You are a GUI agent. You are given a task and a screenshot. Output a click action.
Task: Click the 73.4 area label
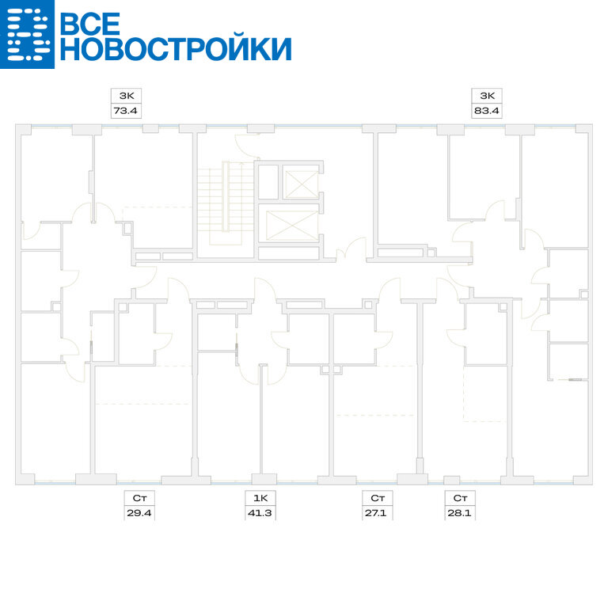pyautogui.click(x=125, y=111)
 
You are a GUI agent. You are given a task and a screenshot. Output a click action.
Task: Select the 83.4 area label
pyautogui.click(x=486, y=111)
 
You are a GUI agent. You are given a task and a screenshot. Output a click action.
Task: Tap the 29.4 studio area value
pyautogui.click(x=139, y=513)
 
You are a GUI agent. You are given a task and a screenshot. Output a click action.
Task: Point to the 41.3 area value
pyautogui.click(x=260, y=513)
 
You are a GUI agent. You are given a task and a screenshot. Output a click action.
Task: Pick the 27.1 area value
pyautogui.click(x=376, y=513)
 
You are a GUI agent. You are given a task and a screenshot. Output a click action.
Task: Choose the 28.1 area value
pyautogui.click(x=459, y=513)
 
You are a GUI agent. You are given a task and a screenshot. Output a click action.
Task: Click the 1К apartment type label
pyautogui.click(x=260, y=498)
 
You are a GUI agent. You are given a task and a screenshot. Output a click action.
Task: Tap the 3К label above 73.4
pyautogui.click(x=127, y=96)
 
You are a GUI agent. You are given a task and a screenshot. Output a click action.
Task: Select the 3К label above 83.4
pyautogui.click(x=487, y=96)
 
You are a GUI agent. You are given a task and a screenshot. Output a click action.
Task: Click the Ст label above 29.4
pyautogui.click(x=139, y=498)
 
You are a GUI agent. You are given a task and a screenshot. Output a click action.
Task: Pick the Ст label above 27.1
pyautogui.click(x=378, y=498)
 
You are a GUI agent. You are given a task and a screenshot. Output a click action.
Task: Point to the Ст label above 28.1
pyautogui.click(x=460, y=498)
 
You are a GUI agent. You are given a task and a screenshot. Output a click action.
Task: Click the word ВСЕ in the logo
pyautogui.click(x=90, y=23)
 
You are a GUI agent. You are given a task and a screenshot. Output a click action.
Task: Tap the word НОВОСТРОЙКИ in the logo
pyautogui.click(x=176, y=49)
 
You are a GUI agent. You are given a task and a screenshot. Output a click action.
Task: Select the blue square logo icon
pyautogui.click(x=27, y=34)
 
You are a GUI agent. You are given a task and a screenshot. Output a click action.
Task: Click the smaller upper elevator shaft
pyautogui.click(x=302, y=184)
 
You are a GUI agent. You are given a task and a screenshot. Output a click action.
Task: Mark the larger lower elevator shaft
pyautogui.click(x=292, y=226)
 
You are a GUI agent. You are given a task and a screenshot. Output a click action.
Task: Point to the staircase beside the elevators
pyautogui.click(x=226, y=203)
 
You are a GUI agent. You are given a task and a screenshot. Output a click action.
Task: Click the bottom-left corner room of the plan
pyautogui.click(x=55, y=419)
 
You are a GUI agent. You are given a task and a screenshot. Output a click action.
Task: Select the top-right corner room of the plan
pyautogui.click(x=556, y=189)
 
